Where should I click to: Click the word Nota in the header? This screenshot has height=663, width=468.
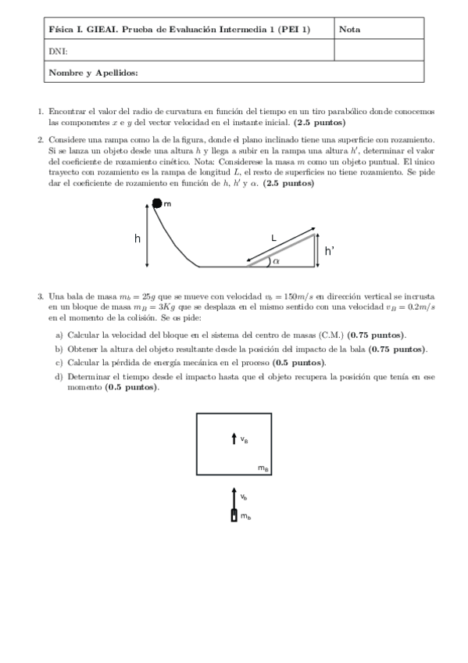tap(349, 29)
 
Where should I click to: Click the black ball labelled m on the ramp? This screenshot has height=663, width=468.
tap(156, 203)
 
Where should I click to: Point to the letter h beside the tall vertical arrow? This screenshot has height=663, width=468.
tap(138, 237)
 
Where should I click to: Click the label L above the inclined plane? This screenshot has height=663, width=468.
tap(273, 235)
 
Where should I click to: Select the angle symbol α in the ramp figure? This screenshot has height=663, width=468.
tap(276, 261)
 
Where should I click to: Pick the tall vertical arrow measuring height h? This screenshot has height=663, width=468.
tap(148, 234)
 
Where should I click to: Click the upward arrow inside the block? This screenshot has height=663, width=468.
tap(234, 439)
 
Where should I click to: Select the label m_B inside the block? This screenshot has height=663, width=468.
tap(263, 468)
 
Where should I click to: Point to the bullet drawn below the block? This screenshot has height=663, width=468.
tap(234, 515)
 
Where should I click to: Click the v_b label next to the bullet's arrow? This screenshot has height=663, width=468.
tap(245, 496)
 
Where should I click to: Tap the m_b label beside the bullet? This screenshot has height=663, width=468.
tap(245, 516)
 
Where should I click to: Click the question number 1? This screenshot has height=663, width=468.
tap(41, 112)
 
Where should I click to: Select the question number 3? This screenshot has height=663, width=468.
tap(41, 297)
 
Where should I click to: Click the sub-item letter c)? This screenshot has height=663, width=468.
tap(59, 364)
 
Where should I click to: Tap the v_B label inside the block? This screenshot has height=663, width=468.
tap(245, 440)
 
